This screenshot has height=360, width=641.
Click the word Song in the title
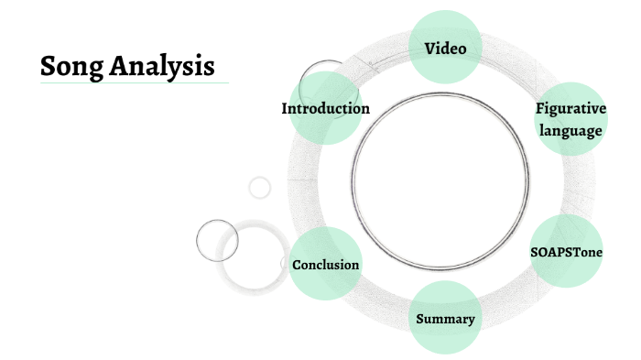(70, 66)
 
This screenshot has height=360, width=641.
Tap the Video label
(445, 48)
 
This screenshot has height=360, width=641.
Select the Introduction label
(325, 109)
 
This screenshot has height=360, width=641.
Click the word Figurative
(570, 110)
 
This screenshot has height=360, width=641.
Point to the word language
(570, 131)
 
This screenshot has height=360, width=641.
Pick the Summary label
(445, 319)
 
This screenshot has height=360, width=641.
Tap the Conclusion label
(325, 265)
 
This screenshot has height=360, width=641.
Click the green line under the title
(134, 83)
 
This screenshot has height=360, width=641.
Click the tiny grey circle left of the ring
(260, 188)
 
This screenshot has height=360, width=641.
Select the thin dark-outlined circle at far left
(217, 240)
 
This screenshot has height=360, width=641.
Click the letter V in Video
(429, 48)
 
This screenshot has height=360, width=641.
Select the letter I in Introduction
(285, 109)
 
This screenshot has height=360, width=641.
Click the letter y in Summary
(471, 321)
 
